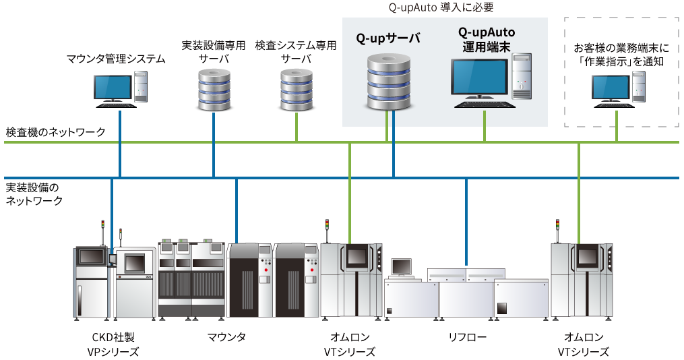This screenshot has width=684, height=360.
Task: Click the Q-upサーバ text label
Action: (x=387, y=38)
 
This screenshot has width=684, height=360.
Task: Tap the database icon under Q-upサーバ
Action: (x=388, y=84)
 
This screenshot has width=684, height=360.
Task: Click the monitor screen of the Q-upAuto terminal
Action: (x=479, y=78)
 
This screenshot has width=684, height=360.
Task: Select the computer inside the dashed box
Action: (x=618, y=88)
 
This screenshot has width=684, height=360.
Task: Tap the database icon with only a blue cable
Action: (x=214, y=89)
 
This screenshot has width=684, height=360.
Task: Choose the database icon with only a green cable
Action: (x=297, y=89)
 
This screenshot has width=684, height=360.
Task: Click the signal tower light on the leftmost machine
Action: (x=102, y=224)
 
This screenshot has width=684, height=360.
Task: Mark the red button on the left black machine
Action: (x=267, y=270)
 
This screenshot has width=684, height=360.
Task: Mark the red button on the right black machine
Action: (x=312, y=270)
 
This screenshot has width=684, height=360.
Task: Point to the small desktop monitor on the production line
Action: (x=401, y=267)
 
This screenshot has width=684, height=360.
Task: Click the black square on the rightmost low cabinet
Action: (x=503, y=308)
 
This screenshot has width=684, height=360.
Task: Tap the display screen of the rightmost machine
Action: (x=588, y=257)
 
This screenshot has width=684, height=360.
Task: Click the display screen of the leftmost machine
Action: (x=91, y=256)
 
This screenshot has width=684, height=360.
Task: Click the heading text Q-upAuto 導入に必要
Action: (x=441, y=8)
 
